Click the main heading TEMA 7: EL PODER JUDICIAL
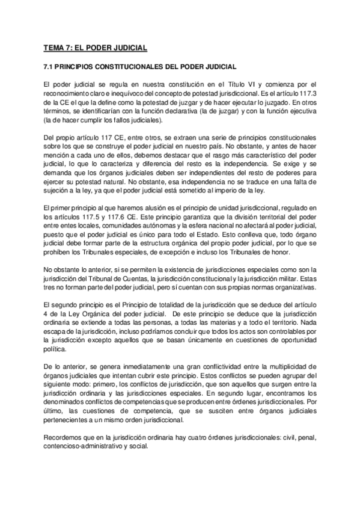pyautogui.click(x=95, y=48)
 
